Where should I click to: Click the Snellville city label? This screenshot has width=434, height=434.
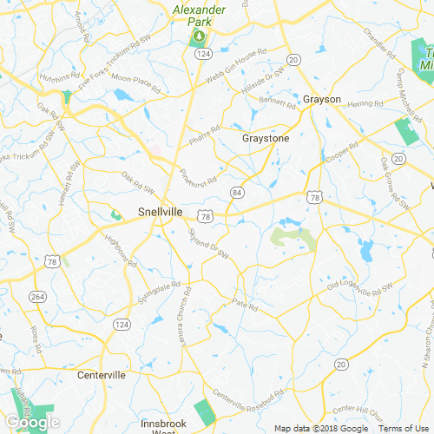pos(160,211)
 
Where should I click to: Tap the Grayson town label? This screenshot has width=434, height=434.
pos(322,99)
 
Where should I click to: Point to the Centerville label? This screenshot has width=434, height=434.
pos(102,376)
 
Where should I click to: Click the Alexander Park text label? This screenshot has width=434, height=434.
pos(200,15)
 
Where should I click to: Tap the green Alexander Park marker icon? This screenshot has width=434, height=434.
pos(198,36)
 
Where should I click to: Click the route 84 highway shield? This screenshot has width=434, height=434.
pos(237,191)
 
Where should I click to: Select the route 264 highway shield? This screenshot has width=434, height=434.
pos(38,297)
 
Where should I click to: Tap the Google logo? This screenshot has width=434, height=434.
pos(32,423)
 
